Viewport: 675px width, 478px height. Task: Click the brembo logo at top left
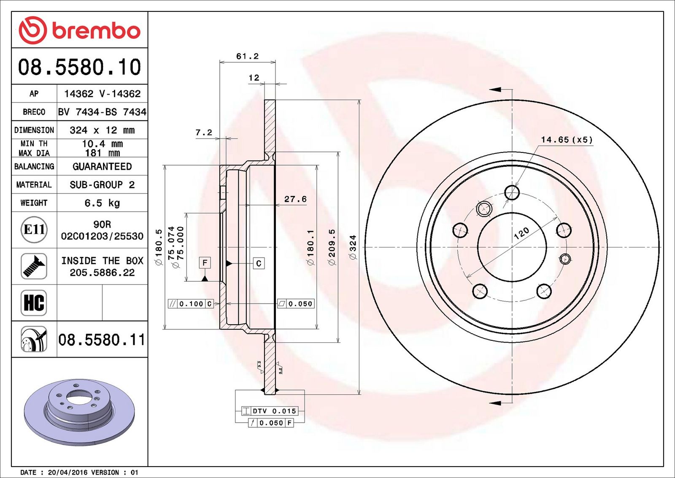(80, 30)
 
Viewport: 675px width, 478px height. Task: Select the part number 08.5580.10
(80, 67)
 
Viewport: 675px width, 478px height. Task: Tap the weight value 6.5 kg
(102, 203)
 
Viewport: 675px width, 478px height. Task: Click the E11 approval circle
(34, 230)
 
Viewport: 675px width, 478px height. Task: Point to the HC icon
(34, 303)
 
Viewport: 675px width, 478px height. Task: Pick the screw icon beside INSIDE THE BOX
(34, 266)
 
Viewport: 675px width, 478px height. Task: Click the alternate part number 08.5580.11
(102, 340)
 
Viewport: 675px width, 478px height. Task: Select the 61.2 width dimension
(247, 56)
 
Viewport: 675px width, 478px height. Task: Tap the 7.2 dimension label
(204, 133)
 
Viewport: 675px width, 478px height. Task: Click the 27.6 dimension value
(295, 199)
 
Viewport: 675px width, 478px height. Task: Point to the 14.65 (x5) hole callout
(567, 140)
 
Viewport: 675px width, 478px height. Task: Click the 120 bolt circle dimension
(521, 233)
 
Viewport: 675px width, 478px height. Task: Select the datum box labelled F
(205, 263)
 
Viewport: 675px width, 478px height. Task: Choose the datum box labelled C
(259, 263)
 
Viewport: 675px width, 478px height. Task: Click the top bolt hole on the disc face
(512, 193)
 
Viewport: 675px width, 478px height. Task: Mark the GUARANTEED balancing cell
(102, 166)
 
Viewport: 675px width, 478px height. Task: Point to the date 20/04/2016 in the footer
(67, 472)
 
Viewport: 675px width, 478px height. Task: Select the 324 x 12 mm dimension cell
(102, 130)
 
